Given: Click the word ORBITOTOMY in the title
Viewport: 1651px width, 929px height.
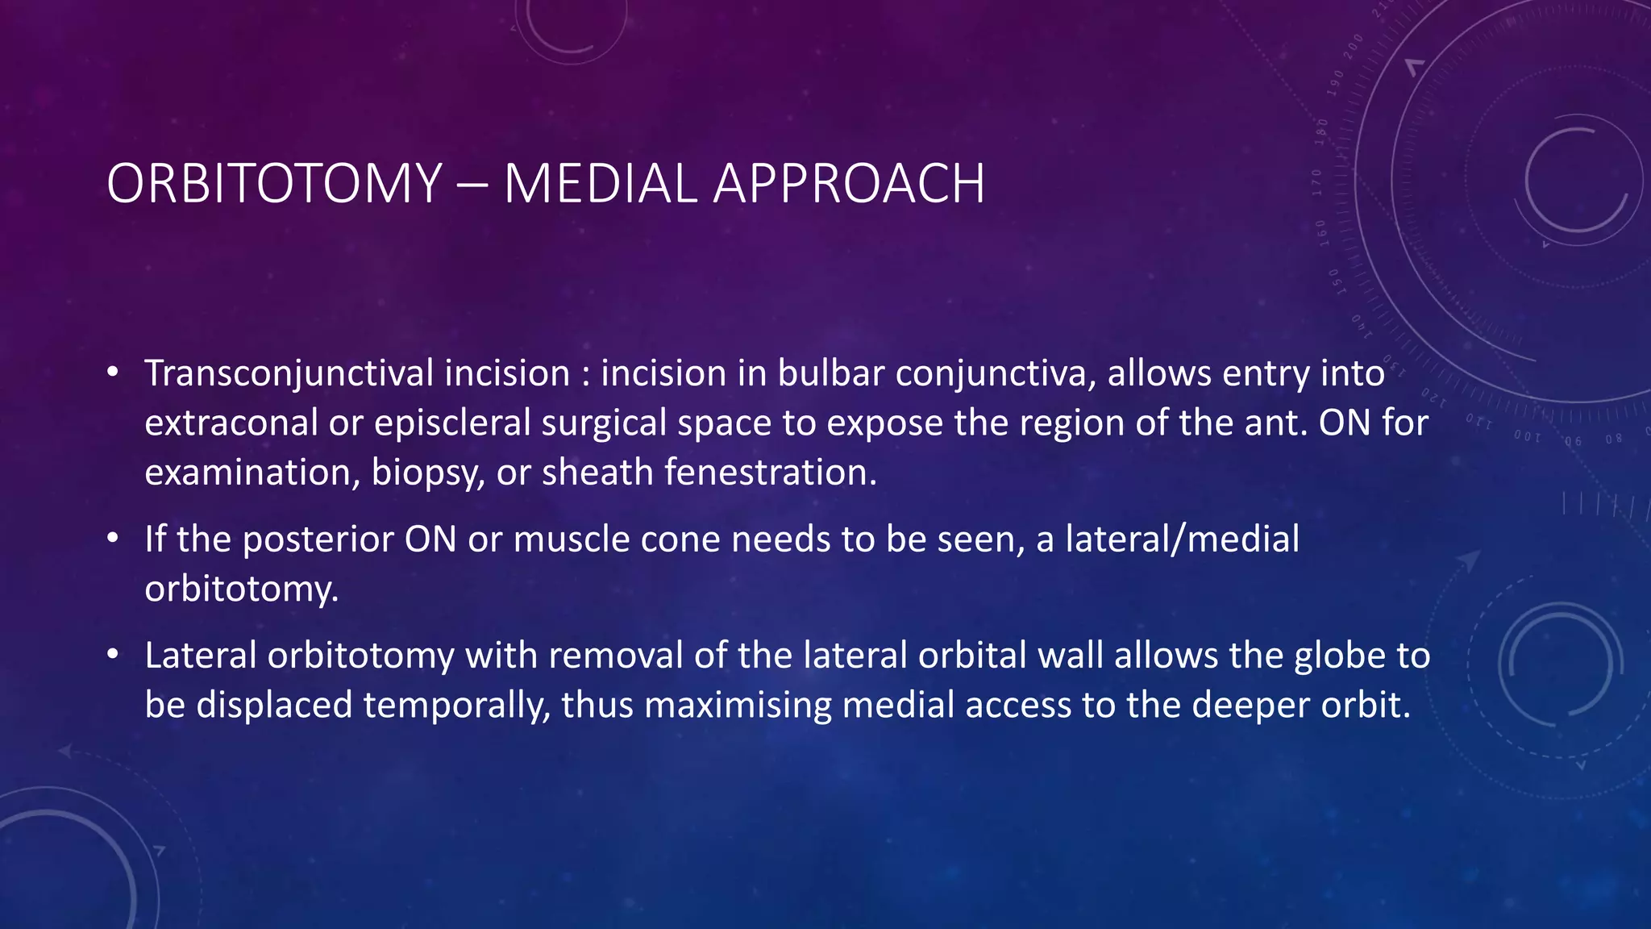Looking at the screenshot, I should pyautogui.click(x=274, y=184).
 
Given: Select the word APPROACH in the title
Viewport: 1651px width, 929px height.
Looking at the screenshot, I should pyautogui.click(x=848, y=184).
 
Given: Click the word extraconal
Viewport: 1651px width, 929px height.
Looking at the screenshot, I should pyautogui.click(x=231, y=423).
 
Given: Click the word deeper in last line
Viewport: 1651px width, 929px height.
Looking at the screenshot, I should pyautogui.click(x=1242, y=706).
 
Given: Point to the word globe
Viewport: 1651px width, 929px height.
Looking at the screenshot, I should pyautogui.click(x=1337, y=656).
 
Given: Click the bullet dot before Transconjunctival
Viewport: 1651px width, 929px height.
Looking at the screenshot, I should pyautogui.click(x=113, y=373).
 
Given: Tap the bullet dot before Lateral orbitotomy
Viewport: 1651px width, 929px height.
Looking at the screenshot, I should pyautogui.click(x=113, y=655).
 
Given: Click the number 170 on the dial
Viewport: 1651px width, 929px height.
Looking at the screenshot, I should pyautogui.click(x=1317, y=182).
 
